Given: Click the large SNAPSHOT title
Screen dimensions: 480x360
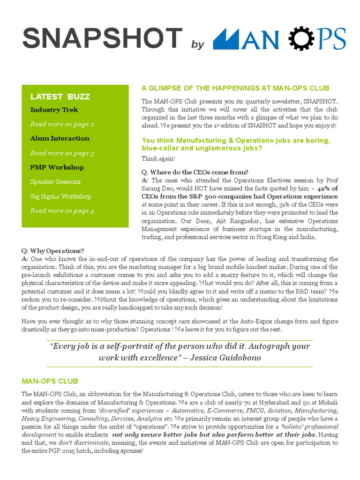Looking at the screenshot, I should click(x=102, y=38).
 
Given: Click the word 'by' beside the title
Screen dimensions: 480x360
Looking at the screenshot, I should click(x=198, y=45).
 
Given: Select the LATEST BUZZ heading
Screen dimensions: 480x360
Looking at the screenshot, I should click(x=60, y=97).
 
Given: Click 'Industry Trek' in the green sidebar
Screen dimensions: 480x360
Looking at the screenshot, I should click(x=54, y=110).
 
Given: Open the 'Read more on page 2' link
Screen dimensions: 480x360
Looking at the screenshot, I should click(x=62, y=124).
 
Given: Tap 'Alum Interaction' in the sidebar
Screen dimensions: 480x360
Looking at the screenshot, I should click(x=60, y=138).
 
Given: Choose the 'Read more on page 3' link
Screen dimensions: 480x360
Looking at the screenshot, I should click(x=62, y=153).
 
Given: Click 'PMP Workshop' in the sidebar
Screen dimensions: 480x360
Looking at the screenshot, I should click(x=57, y=167).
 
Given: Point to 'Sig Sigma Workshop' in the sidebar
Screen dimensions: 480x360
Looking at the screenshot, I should click(x=60, y=196).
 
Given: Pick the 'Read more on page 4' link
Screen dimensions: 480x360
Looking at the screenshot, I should click(x=62, y=211).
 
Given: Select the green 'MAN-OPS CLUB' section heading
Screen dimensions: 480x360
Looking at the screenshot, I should click(x=50, y=381).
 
